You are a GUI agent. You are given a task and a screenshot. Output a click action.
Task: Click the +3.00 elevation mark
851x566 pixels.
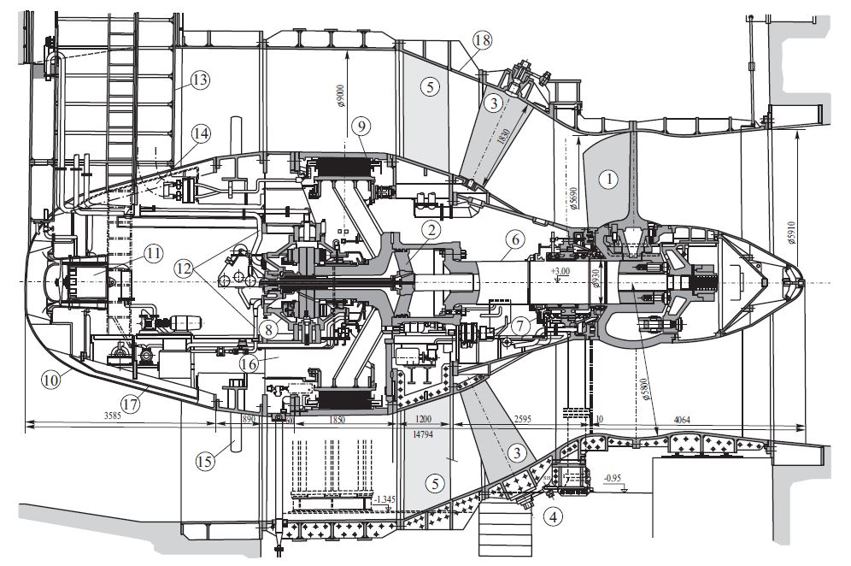tap(560, 272)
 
